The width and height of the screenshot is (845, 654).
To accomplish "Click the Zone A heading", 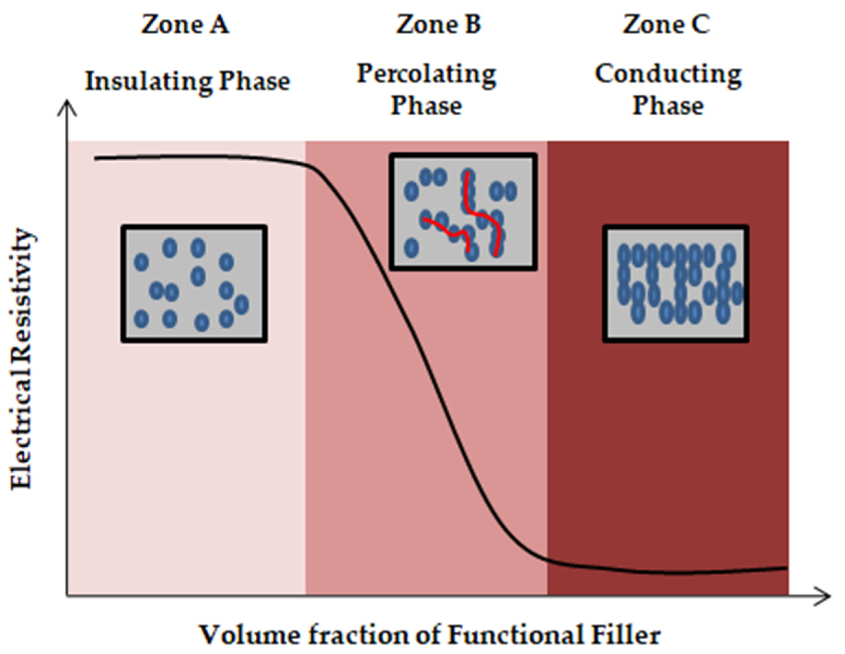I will pos(185,25).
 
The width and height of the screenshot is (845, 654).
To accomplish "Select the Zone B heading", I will pos(438,25).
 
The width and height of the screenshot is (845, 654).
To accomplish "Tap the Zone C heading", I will pos(666,25).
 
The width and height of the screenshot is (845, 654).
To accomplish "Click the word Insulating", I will pos(148,82).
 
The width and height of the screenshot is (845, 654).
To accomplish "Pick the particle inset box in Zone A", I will pos(194,284).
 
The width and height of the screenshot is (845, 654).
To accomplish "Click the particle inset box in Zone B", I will pos(463,212).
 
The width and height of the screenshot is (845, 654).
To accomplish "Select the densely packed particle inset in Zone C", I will pos(675,284).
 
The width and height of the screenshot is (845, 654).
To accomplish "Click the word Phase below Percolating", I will pos(426,105).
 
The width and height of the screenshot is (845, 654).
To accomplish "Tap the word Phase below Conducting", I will pos(668,105).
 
